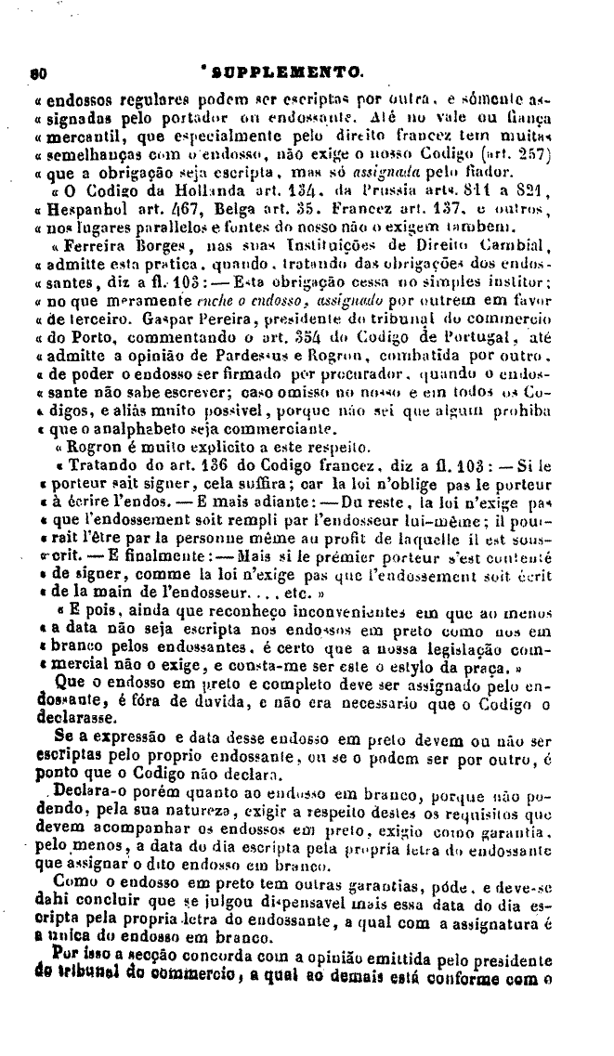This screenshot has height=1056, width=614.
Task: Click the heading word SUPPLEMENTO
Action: click(288, 71)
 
